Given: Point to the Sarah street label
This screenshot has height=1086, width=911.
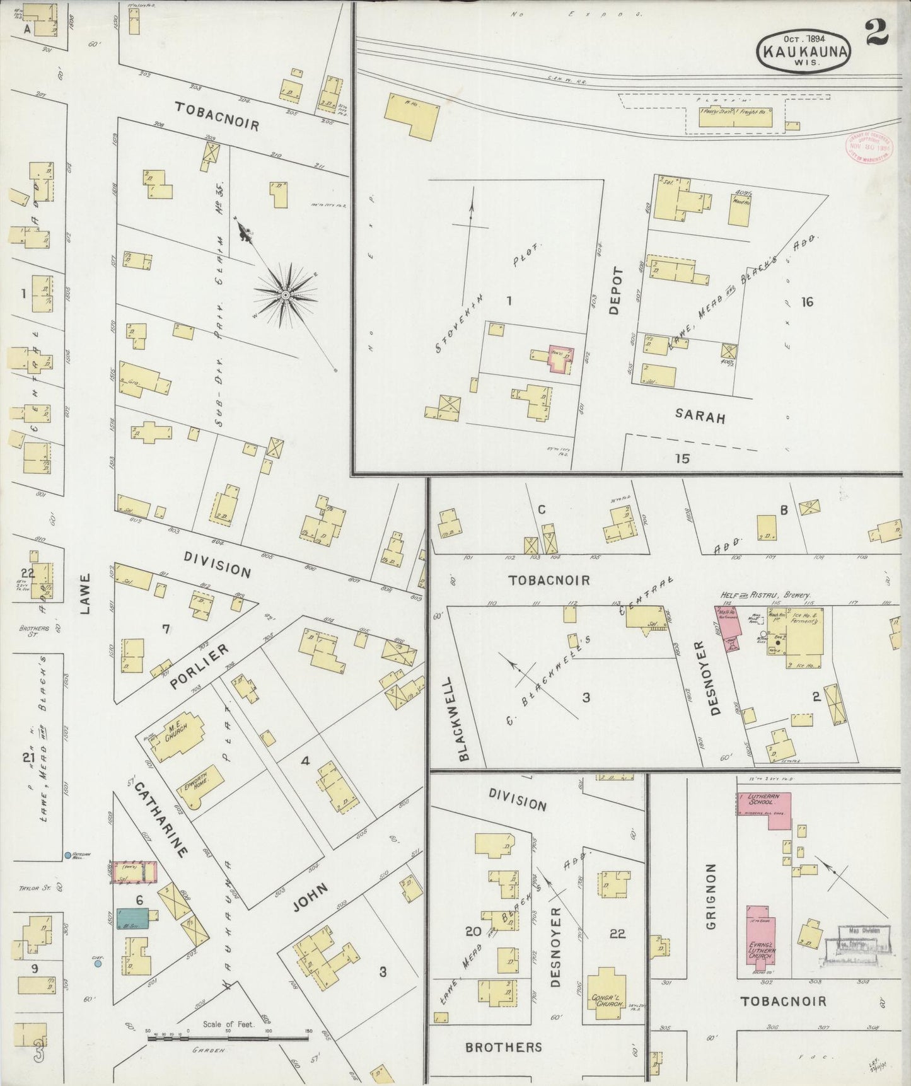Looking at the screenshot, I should tap(700, 417).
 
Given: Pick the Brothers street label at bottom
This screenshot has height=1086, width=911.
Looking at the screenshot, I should tap(503, 1047).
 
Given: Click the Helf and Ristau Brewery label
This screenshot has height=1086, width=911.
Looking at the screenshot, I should tap(765, 594).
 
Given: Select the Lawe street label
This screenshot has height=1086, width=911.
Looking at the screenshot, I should tap(86, 593).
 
